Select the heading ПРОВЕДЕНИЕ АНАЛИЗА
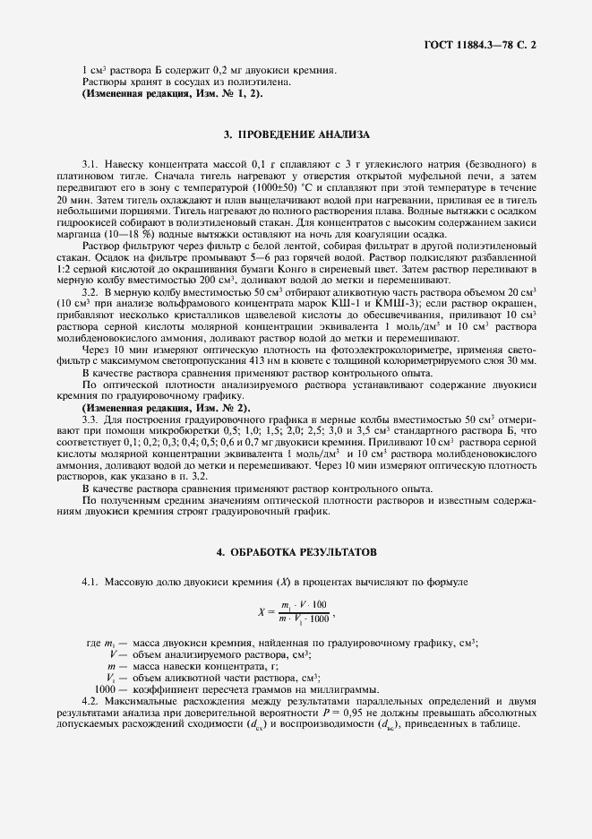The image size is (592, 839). click(x=296, y=135)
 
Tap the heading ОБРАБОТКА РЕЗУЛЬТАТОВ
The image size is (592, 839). click(x=296, y=549)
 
